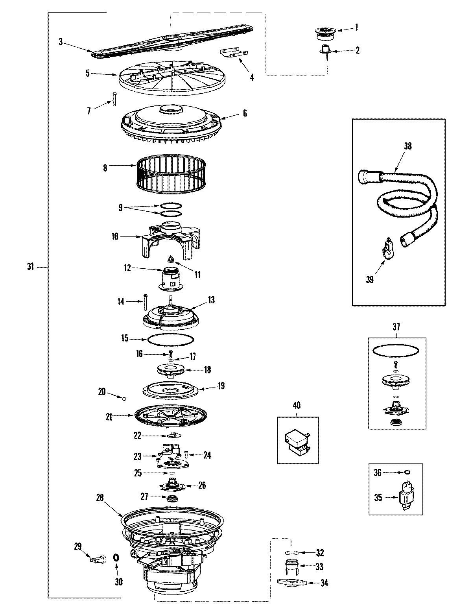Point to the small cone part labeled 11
(x=172, y=259)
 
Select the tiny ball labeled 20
(x=124, y=399)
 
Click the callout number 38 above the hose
(x=407, y=146)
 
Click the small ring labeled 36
(x=407, y=472)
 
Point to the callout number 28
(x=100, y=497)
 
